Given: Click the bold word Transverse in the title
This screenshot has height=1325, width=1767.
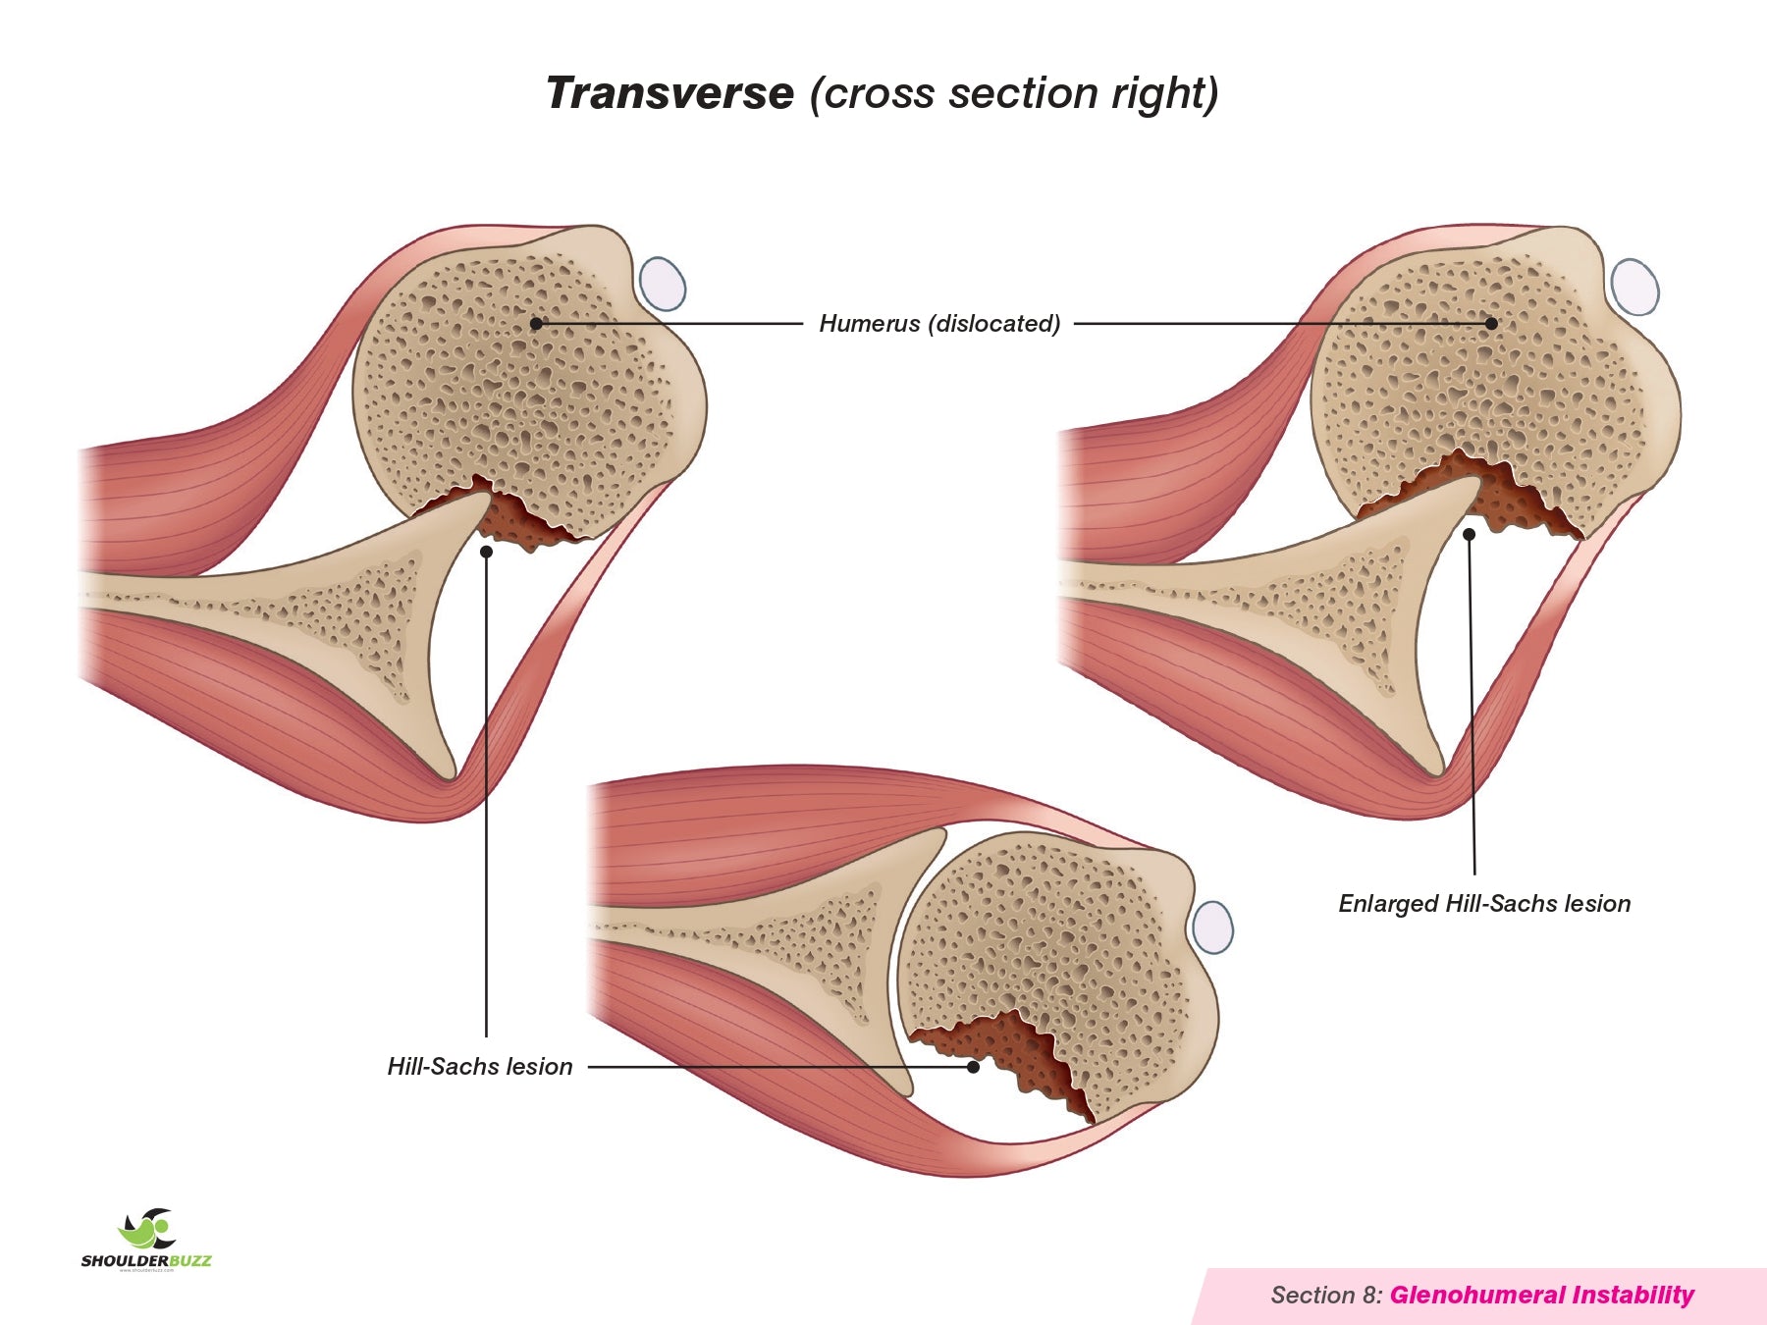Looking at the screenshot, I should (x=669, y=93).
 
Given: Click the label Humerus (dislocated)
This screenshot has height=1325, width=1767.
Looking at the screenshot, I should (x=939, y=323).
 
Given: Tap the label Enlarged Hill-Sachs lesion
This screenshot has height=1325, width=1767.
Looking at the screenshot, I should (x=1484, y=903).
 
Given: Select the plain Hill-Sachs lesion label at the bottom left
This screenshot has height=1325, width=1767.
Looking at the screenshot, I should (x=480, y=1066).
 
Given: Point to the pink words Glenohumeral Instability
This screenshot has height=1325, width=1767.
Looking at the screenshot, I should (x=1541, y=1295).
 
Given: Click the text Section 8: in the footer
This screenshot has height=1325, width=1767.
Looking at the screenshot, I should (x=1326, y=1295).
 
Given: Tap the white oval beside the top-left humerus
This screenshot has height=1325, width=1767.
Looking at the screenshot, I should (x=663, y=283).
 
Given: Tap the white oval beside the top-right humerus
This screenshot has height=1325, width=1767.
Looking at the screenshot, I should (x=1635, y=287).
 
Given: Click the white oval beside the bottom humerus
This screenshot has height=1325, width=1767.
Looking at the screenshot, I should (x=1213, y=927).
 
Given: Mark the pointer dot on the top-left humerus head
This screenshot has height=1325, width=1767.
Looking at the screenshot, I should (x=536, y=323).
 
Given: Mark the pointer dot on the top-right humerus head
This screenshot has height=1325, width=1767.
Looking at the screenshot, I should (x=1491, y=323).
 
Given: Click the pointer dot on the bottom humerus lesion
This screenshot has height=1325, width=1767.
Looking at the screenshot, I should (x=973, y=1067).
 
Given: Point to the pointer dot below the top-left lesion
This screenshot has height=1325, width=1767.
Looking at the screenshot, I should (x=486, y=552).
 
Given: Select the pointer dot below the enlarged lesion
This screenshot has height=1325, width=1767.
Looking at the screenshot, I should (x=1470, y=535).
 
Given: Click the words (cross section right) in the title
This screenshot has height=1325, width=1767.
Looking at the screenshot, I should (x=1013, y=93).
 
